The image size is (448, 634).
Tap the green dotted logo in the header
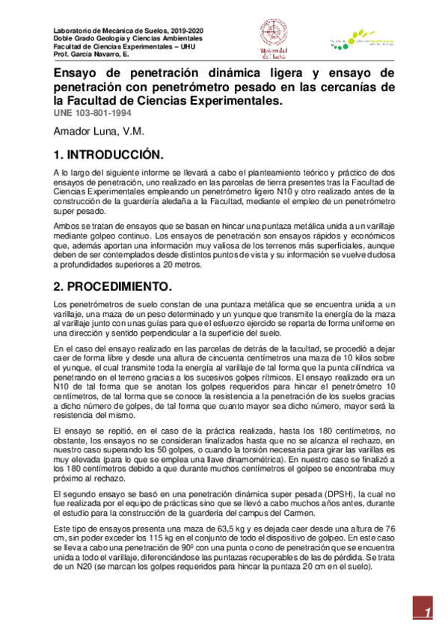(340, 46)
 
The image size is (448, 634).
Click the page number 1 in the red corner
(428, 614)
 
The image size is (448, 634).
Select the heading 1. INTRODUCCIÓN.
(108, 156)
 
